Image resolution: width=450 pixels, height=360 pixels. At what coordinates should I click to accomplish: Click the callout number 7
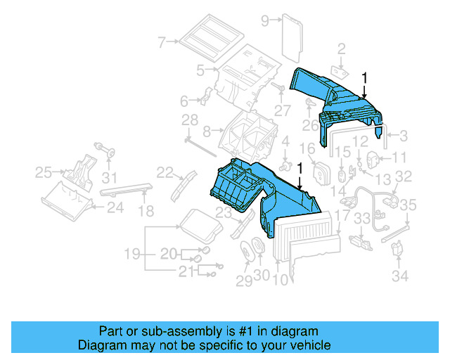click(x=162, y=42)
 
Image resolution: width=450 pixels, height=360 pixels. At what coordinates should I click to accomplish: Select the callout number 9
click(x=265, y=20)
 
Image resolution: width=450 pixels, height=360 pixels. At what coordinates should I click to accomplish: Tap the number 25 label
click(x=44, y=172)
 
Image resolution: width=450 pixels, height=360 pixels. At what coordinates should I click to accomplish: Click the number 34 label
click(x=400, y=276)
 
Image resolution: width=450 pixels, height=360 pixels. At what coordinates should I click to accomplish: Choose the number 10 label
click(x=280, y=279)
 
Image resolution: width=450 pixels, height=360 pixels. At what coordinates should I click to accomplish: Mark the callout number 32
click(x=403, y=176)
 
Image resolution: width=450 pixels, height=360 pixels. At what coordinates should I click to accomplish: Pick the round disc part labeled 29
click(x=245, y=252)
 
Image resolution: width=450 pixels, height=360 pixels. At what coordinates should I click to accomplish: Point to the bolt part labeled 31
click(x=108, y=150)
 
